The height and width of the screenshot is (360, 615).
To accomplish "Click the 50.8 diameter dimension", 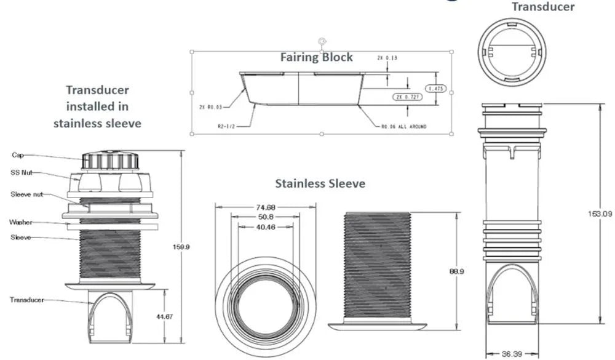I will point(266,217).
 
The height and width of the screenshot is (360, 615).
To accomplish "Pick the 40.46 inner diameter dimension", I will point(266,227).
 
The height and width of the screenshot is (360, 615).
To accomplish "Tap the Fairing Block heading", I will point(317,57).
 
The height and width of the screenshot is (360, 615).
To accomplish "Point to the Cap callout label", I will point(18,155).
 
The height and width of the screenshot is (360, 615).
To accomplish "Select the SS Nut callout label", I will point(22,172).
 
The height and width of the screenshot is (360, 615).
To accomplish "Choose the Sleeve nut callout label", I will point(25,194).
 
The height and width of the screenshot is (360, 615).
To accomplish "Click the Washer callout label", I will point(21,222).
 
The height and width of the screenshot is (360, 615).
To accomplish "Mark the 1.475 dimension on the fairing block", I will point(437,89).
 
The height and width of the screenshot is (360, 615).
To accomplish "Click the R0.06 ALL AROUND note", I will point(403,126).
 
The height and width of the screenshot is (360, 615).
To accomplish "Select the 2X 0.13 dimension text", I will point(387,57).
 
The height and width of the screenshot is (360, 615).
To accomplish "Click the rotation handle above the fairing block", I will point(321,41).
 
